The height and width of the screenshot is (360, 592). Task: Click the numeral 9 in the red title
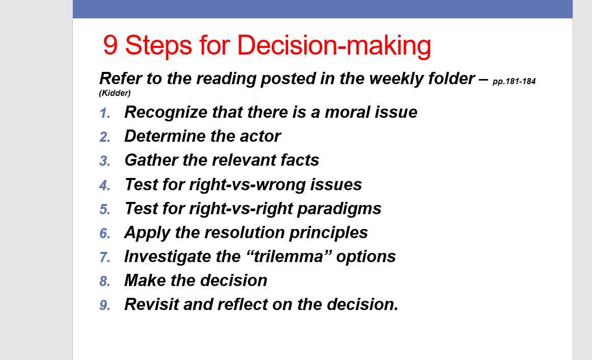tap(110, 44)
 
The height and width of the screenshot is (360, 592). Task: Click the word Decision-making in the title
tap(334, 46)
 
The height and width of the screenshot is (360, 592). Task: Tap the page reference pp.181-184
tap(514, 81)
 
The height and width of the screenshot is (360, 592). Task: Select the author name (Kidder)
tap(115, 93)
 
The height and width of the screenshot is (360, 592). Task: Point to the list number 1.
tap(105, 113)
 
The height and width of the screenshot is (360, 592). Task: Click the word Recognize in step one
tap(166, 113)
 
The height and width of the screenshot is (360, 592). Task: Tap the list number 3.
tap(105, 161)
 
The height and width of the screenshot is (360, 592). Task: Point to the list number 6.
tap(105, 233)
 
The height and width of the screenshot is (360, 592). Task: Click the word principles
tap(328, 233)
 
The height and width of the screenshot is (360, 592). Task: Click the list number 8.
tap(105, 281)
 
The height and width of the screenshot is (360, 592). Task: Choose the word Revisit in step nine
tap(151, 304)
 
